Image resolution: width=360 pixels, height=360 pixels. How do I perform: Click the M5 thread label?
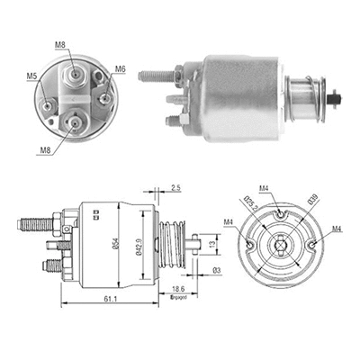point(32,76)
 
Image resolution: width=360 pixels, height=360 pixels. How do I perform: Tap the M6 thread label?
point(120,68)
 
